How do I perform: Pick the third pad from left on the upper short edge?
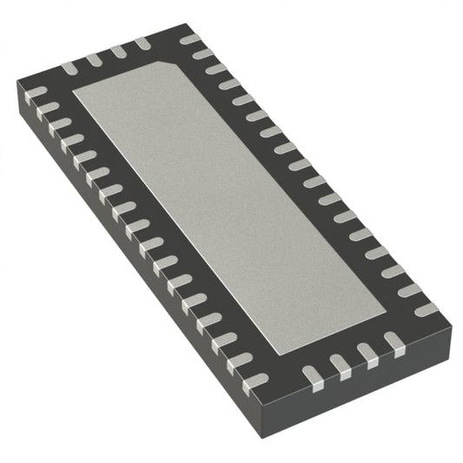tap(118, 50)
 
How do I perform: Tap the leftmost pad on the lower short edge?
tap(311, 376)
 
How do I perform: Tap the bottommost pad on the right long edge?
tap(427, 309)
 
